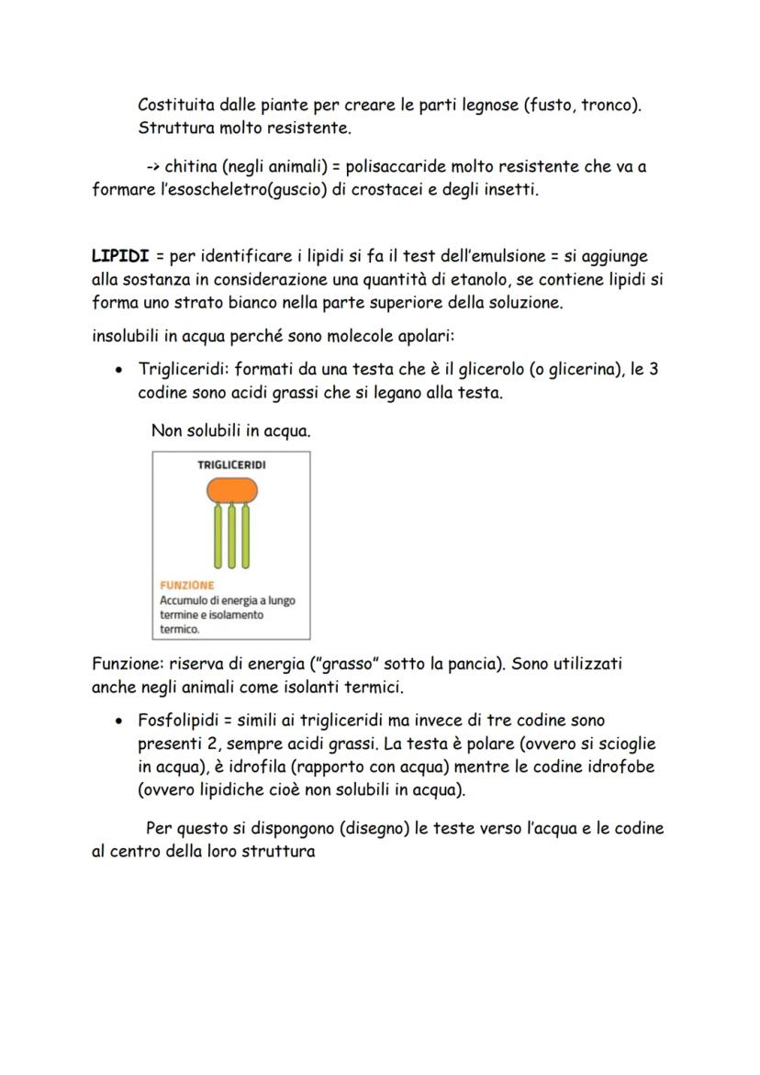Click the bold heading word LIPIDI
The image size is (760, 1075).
click(120, 255)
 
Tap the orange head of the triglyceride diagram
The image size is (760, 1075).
click(231, 489)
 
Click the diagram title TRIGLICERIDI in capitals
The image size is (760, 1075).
click(231, 465)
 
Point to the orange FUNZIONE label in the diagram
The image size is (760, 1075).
click(186, 585)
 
